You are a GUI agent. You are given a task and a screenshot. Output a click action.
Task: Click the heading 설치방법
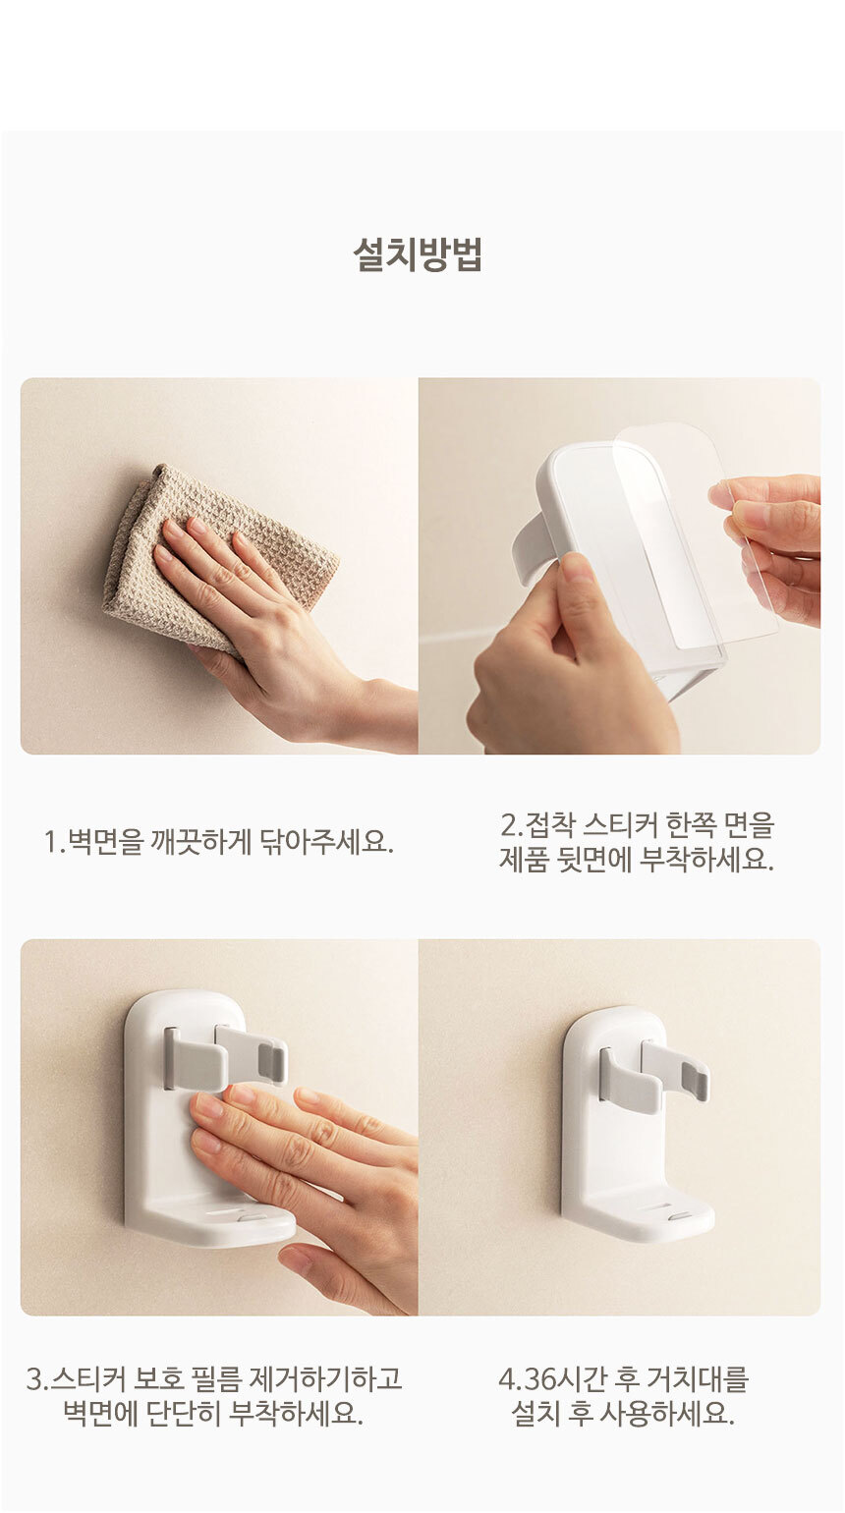418,253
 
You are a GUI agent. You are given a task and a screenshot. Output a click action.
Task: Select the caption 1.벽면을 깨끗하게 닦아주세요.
218,842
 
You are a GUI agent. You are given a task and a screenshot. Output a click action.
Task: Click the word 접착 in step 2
549,824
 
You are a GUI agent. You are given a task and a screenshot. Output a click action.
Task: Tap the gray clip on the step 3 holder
225,1059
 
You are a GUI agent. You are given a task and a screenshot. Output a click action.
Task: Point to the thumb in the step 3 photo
317,1269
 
